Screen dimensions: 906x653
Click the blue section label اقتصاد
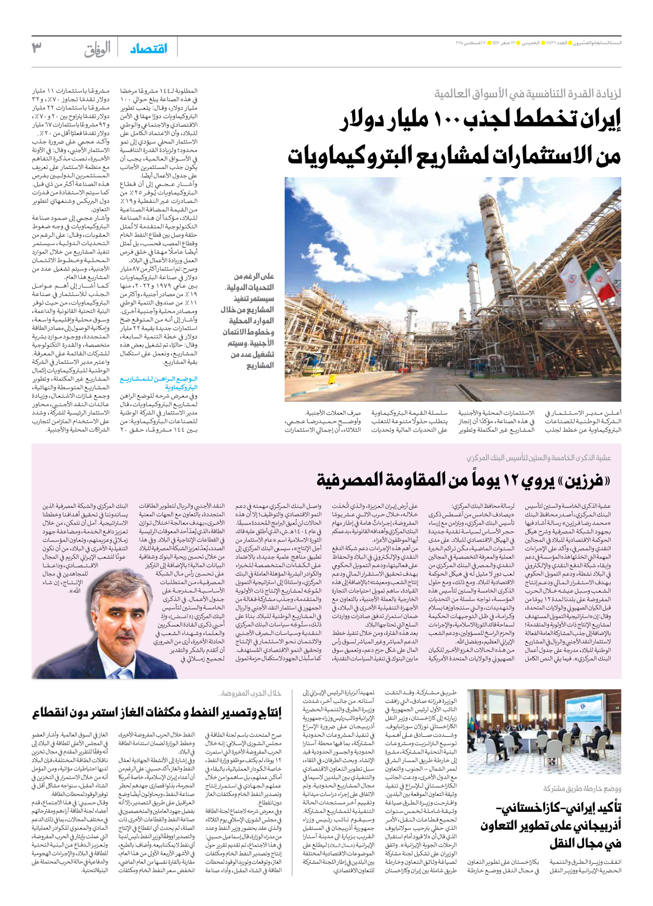click(148, 49)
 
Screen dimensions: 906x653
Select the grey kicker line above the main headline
click(528, 94)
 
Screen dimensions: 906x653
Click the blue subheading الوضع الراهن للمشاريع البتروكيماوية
click(159, 383)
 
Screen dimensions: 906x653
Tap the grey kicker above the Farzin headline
click(539, 458)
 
